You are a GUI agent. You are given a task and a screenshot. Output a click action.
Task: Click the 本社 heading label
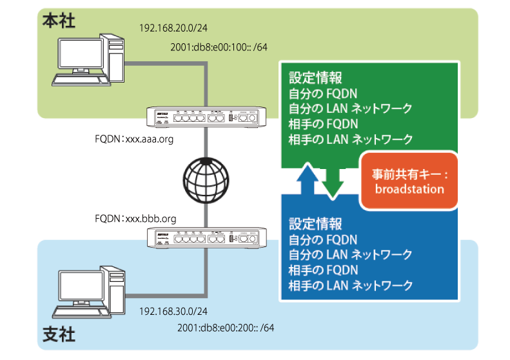tap(59, 21)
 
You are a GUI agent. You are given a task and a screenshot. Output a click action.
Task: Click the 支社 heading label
tap(59, 336)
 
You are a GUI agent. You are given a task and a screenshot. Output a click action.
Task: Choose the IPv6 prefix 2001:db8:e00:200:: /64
tap(226, 328)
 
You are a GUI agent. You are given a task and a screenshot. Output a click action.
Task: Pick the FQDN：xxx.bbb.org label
tap(135, 219)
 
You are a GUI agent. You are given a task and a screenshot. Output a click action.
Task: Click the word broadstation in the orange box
tap(409, 189)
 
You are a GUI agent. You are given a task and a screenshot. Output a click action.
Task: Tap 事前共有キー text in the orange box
tap(409, 175)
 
